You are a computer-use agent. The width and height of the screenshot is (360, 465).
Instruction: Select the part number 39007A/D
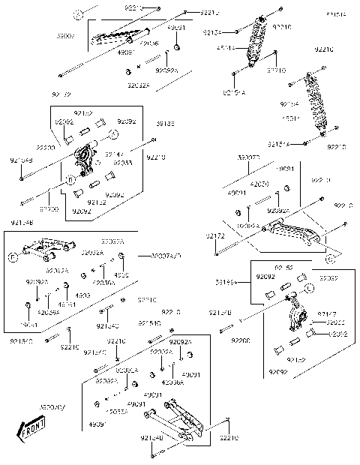click(x=166, y=256)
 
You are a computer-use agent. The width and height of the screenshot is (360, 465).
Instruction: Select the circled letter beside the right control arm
click(x=330, y=258)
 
